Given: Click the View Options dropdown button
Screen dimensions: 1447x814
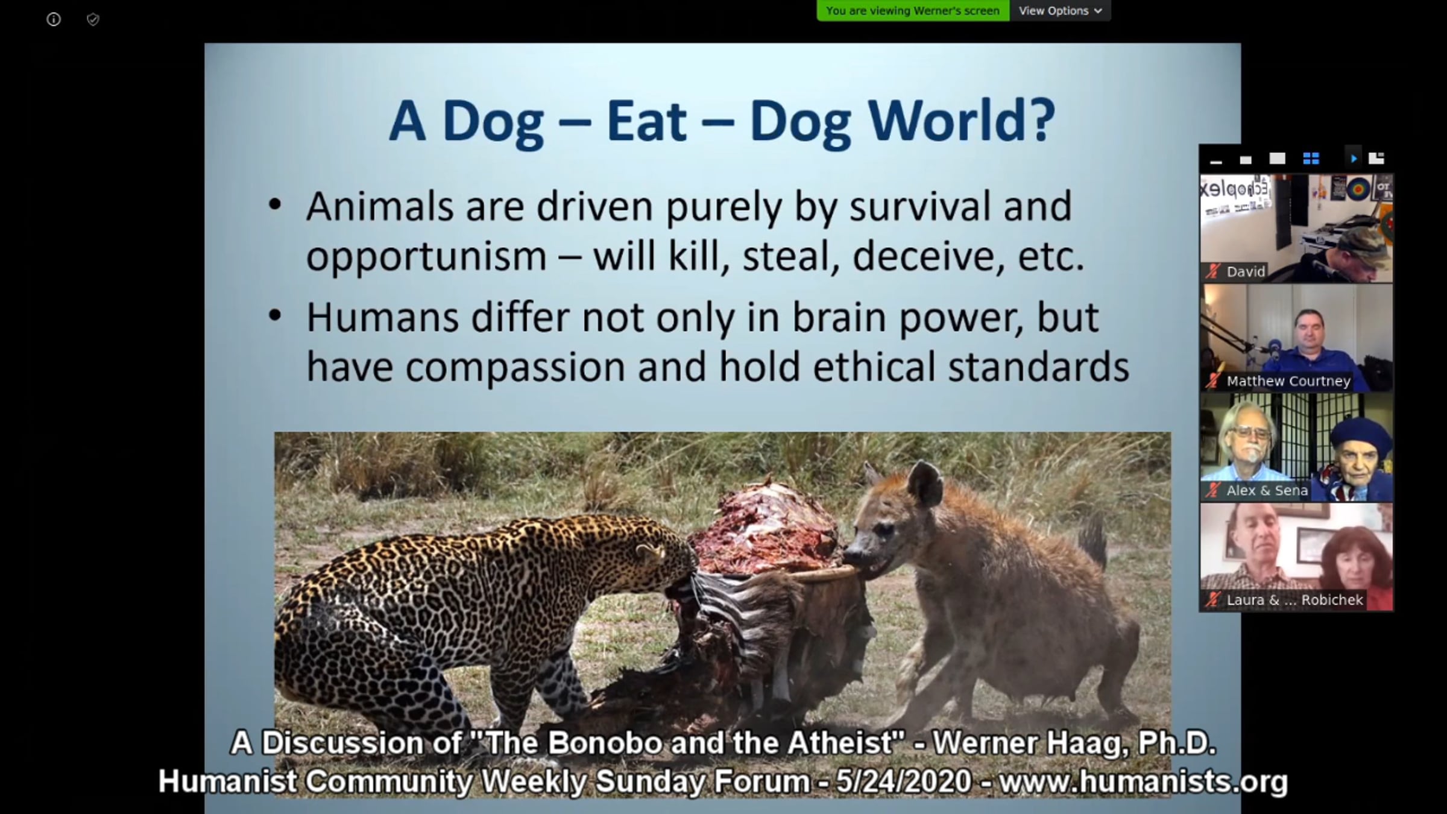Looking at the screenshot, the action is (1061, 11).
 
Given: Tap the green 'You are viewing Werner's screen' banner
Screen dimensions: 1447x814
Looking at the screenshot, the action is (913, 11).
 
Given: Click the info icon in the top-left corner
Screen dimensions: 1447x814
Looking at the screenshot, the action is (54, 20).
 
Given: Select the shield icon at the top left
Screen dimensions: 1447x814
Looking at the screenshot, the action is (93, 20).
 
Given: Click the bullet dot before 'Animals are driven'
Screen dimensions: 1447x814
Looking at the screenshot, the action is (275, 205).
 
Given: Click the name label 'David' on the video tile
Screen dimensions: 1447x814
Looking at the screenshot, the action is (1246, 272).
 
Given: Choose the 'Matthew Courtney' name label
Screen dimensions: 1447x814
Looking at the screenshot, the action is (1288, 381).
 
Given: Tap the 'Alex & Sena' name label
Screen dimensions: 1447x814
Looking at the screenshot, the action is (1267, 491).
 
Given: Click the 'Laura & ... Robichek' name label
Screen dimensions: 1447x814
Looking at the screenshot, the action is (1294, 600).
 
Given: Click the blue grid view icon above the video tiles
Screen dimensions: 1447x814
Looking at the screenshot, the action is (1311, 159).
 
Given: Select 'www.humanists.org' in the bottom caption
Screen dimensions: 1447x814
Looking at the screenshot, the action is (1143, 781).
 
